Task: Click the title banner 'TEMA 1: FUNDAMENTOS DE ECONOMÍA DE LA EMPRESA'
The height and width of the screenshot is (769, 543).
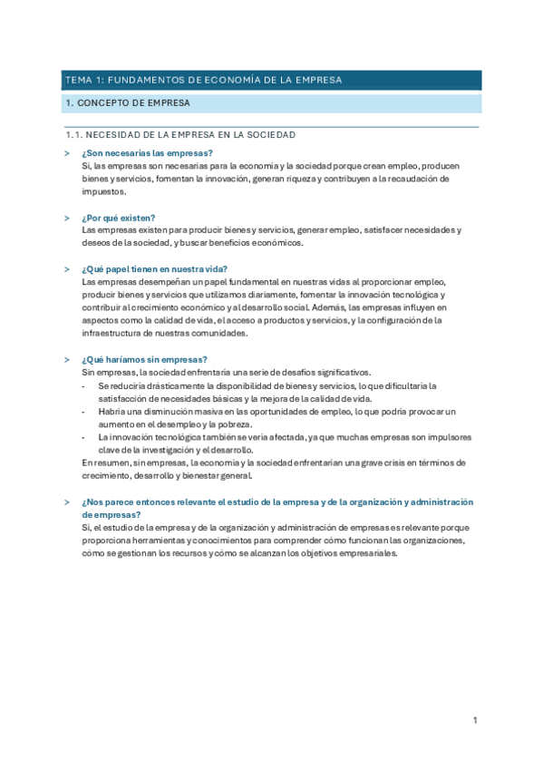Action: click(202, 80)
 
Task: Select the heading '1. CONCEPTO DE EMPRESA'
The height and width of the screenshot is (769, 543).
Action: click(128, 103)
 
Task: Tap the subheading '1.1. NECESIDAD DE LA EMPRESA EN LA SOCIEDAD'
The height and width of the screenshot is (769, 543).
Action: click(181, 135)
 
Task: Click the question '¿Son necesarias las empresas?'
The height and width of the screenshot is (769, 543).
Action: click(147, 153)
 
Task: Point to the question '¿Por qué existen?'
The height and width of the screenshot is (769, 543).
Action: click(118, 218)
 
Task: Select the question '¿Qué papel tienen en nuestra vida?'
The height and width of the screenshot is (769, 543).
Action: click(154, 269)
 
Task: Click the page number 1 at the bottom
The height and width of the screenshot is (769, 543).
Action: click(474, 720)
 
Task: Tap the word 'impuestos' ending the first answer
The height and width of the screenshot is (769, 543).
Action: click(103, 192)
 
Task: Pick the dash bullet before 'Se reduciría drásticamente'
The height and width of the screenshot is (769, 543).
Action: click(84, 385)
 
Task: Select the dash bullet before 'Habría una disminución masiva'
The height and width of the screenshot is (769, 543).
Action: click(84, 411)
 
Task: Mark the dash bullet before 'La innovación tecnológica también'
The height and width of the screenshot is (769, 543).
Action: click(84, 437)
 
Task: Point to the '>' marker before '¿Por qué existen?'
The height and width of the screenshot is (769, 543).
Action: click(67, 218)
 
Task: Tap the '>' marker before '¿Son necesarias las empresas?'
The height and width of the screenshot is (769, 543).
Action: click(67, 153)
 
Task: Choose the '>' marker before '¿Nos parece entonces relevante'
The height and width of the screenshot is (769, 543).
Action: click(67, 501)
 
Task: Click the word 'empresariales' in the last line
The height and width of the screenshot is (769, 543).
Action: click(367, 552)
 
